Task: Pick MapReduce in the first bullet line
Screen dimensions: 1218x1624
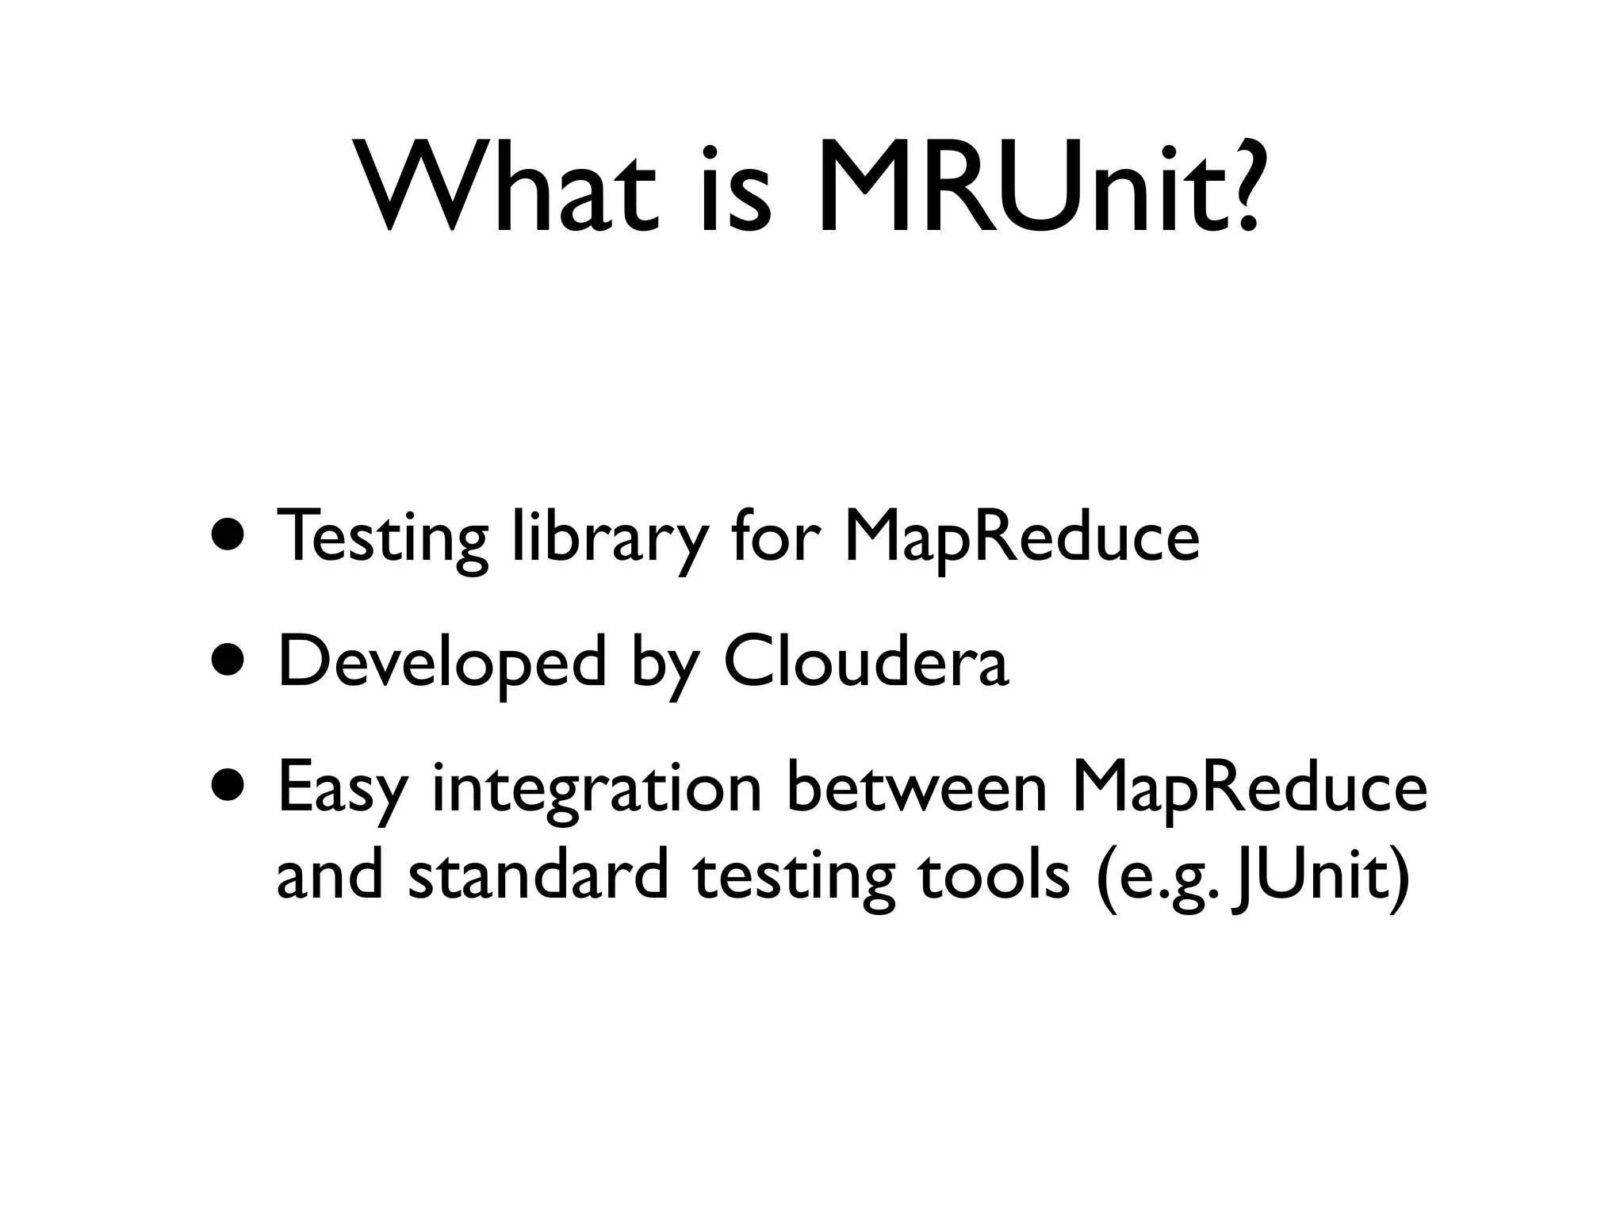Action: pos(1021,538)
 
